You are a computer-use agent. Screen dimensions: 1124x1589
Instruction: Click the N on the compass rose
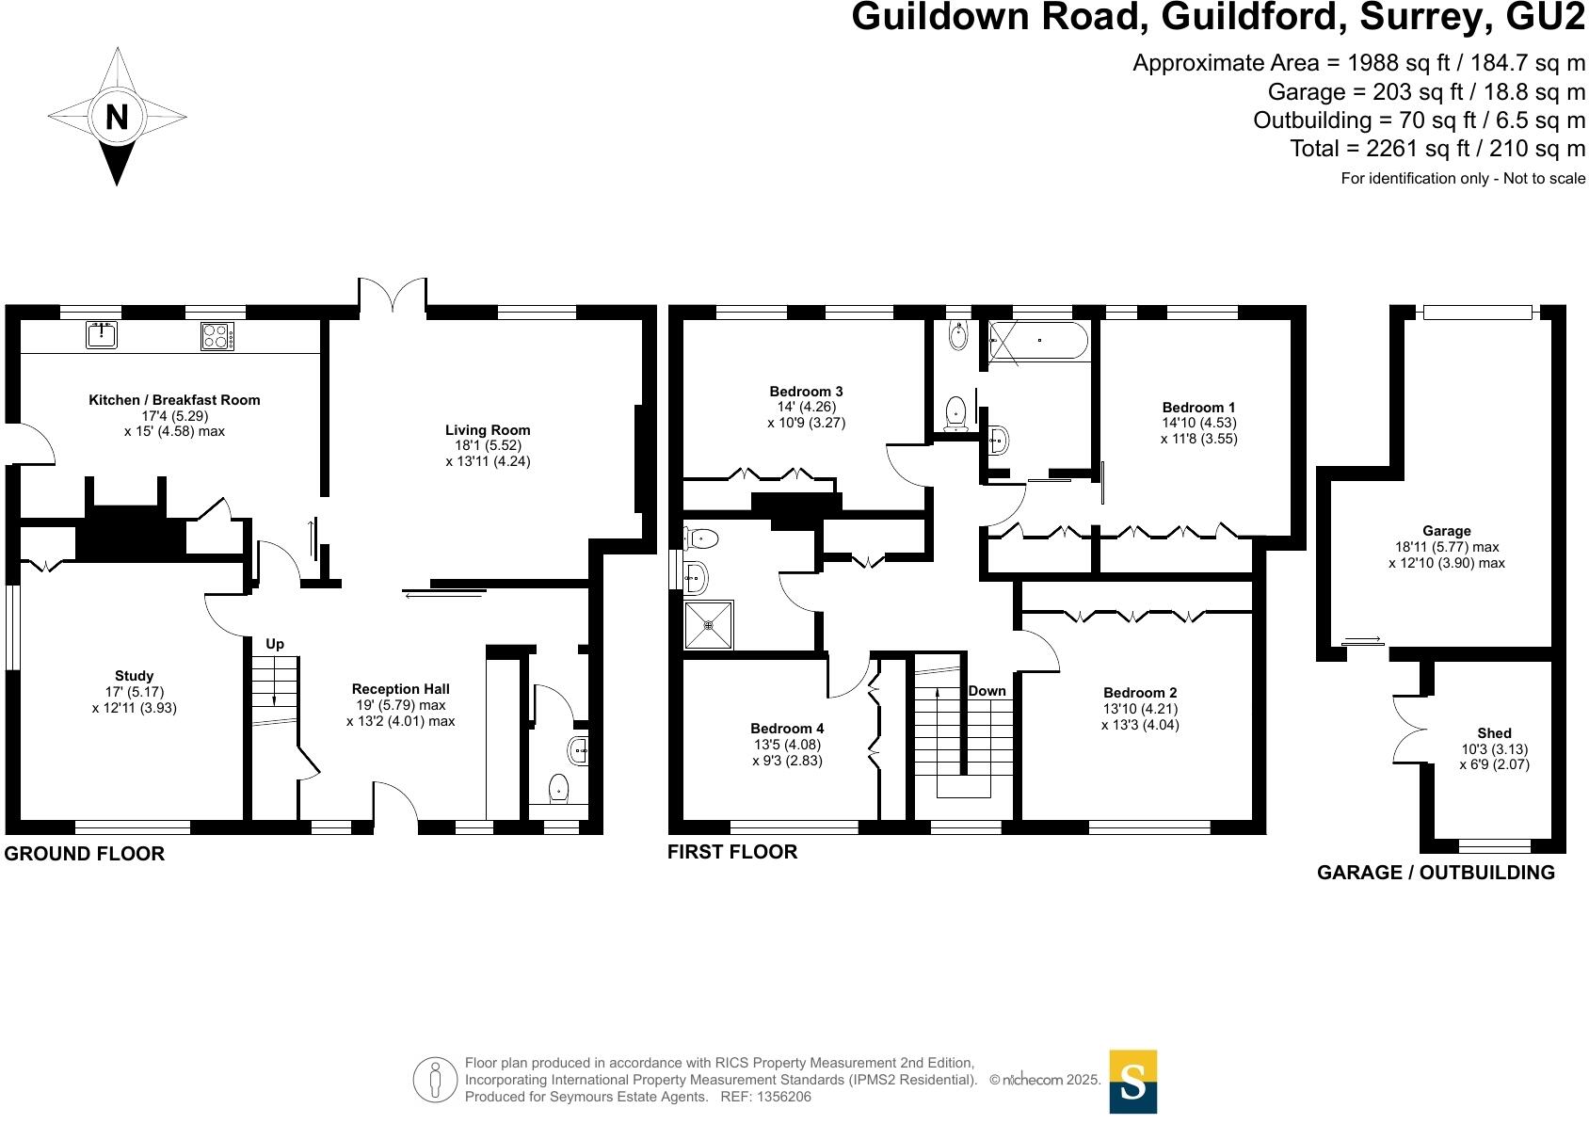117,118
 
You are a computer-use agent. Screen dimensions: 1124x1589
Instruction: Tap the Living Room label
488,430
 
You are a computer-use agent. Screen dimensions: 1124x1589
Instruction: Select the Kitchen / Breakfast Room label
174,400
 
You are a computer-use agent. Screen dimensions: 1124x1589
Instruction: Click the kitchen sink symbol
101,334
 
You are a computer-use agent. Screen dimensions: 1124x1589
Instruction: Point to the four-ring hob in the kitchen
217,336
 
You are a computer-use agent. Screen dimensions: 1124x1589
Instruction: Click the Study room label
134,676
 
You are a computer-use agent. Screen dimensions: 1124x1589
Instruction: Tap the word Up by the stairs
275,644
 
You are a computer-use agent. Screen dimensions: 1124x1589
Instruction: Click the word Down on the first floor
987,691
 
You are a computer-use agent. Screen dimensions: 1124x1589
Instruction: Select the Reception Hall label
400,689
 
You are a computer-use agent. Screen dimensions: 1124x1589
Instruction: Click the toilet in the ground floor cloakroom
559,787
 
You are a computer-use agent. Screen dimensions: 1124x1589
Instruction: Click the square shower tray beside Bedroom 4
709,624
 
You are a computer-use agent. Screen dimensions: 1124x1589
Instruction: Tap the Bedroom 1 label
1198,408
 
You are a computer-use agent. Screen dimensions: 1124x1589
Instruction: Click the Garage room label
1446,531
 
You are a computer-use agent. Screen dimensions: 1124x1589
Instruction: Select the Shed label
1494,733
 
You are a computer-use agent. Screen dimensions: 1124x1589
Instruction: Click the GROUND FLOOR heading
85,854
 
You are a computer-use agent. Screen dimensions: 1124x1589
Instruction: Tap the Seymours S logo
1132,1082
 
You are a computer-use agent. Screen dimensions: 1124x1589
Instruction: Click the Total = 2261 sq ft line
1437,149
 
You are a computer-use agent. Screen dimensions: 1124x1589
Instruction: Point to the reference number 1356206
780,1097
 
